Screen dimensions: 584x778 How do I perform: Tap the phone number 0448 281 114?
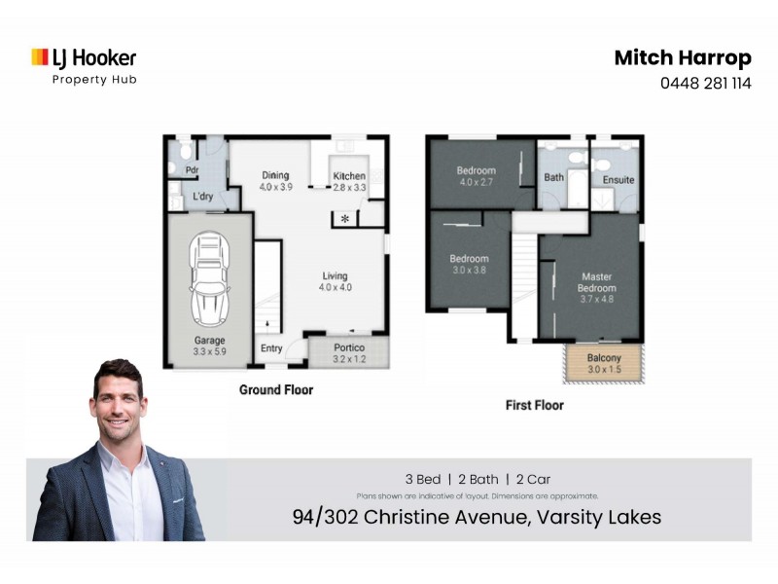tap(705, 83)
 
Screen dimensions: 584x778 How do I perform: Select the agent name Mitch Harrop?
tap(682, 57)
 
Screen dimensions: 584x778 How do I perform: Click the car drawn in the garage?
tap(209, 279)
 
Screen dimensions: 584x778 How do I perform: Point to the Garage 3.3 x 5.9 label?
tap(209, 346)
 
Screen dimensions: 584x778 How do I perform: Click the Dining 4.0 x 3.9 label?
tap(274, 181)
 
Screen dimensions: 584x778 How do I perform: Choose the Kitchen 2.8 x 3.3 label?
tap(349, 181)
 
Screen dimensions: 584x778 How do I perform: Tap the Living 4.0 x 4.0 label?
tap(334, 281)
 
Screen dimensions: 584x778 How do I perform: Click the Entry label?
tap(271, 348)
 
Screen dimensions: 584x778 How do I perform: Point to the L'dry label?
tap(202, 198)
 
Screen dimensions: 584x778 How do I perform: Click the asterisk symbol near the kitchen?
tap(345, 218)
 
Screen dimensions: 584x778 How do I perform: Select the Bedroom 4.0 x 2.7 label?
tap(477, 176)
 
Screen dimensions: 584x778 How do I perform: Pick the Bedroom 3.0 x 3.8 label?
tap(469, 265)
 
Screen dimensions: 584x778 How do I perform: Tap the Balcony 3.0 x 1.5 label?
tap(603, 363)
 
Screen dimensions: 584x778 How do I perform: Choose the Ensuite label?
tap(619, 180)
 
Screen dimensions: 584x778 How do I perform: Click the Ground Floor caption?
tap(276, 389)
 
